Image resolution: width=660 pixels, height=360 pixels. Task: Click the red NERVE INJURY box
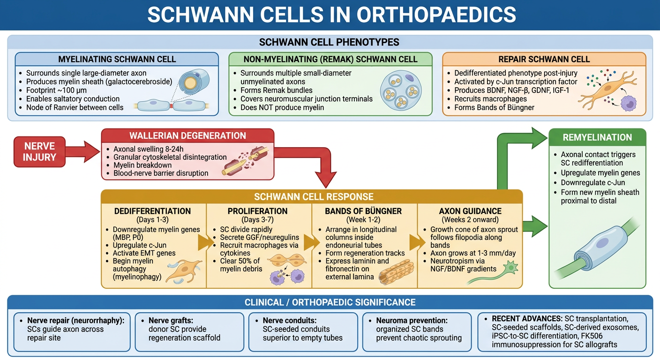pyautogui.click(x=39, y=152)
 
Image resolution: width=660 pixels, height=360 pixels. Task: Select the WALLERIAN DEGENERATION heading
pyautogui.click(x=187, y=136)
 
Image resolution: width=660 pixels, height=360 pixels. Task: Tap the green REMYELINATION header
pyautogui.click(x=597, y=137)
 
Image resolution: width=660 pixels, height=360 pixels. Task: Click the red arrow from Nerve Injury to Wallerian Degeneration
pyautogui.click(x=83, y=152)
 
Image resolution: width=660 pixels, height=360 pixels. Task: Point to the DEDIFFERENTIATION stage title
pyautogui.click(x=153, y=211)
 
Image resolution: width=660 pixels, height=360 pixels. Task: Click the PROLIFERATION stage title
pyautogui.click(x=257, y=211)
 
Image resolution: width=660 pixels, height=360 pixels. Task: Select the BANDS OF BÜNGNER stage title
pyautogui.click(x=363, y=211)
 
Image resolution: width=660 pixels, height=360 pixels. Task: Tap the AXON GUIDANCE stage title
pyautogui.click(x=470, y=211)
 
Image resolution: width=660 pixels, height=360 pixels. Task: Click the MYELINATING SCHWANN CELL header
pyautogui.click(x=117, y=60)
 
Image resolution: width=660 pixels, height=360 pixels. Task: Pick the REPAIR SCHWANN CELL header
pyautogui.click(x=544, y=60)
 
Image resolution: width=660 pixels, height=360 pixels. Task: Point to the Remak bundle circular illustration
pyautogui.click(x=401, y=91)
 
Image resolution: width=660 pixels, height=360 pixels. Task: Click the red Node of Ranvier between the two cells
pyautogui.click(x=171, y=105)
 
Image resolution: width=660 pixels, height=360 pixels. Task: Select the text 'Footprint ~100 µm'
pyautogui.click(x=56, y=90)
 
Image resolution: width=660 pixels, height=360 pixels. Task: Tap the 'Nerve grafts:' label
pyautogui.click(x=171, y=321)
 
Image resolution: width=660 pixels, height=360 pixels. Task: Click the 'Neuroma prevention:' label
pyautogui.click(x=412, y=321)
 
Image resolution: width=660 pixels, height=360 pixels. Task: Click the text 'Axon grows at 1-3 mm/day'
pyautogui.click(x=473, y=253)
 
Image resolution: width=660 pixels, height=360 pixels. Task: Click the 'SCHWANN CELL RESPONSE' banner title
pyautogui.click(x=314, y=197)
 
